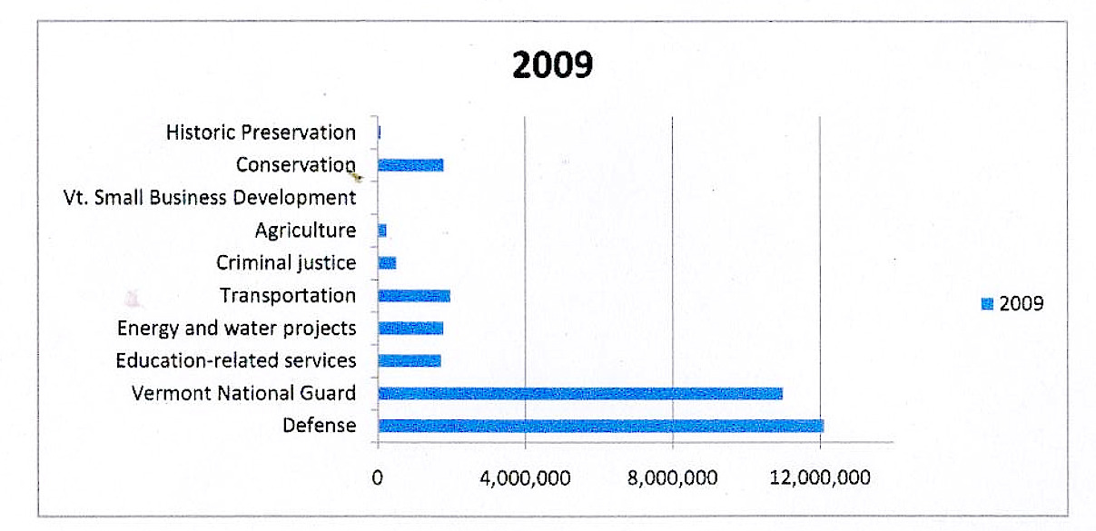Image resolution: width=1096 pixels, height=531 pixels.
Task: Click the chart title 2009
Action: click(x=551, y=65)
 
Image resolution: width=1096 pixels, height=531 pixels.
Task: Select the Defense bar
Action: click(x=600, y=426)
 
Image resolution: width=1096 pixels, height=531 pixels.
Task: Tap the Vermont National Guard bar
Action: click(x=579, y=393)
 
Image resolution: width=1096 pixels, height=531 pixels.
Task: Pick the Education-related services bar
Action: click(x=410, y=360)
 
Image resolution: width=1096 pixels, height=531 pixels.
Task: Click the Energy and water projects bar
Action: click(x=410, y=328)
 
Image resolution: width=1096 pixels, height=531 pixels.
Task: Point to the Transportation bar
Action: click(x=414, y=296)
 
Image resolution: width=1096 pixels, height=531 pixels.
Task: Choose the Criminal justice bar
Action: click(x=387, y=263)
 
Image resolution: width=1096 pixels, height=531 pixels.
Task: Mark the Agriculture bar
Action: click(x=382, y=231)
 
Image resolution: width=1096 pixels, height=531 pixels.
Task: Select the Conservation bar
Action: click(x=410, y=165)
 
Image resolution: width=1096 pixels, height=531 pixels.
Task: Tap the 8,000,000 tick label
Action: click(x=672, y=477)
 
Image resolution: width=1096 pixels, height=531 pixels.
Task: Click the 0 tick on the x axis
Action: click(x=377, y=477)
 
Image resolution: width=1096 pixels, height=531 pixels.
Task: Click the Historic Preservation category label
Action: click(x=262, y=133)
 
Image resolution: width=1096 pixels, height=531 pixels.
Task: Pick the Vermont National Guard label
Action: click(x=243, y=393)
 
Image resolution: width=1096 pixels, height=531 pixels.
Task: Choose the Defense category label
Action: click(x=319, y=425)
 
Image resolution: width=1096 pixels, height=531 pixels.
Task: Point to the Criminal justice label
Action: click(x=286, y=263)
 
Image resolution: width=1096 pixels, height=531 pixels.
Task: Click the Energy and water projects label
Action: click(x=237, y=328)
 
